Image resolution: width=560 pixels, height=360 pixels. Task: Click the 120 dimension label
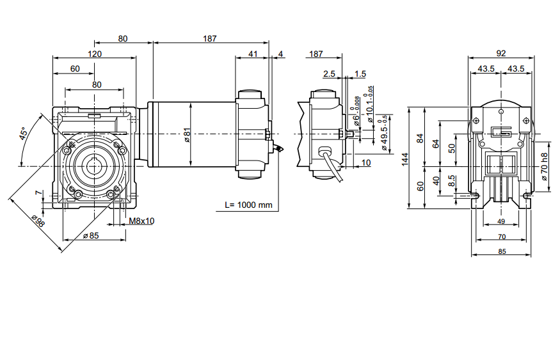94,54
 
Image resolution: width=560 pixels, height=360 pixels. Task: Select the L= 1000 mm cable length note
249,205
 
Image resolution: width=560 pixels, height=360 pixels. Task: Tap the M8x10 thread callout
141,221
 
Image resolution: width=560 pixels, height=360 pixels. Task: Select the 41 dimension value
253,54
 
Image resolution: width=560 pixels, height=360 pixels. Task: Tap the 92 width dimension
501,54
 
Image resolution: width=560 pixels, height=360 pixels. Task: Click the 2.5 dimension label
329,74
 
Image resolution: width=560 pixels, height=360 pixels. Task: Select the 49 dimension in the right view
501,222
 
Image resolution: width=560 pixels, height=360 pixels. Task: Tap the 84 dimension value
420,138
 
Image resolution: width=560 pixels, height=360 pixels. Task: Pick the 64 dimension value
436,144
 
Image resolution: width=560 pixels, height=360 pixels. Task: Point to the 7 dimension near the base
38,193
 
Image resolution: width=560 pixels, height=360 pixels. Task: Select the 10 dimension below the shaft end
366,163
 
